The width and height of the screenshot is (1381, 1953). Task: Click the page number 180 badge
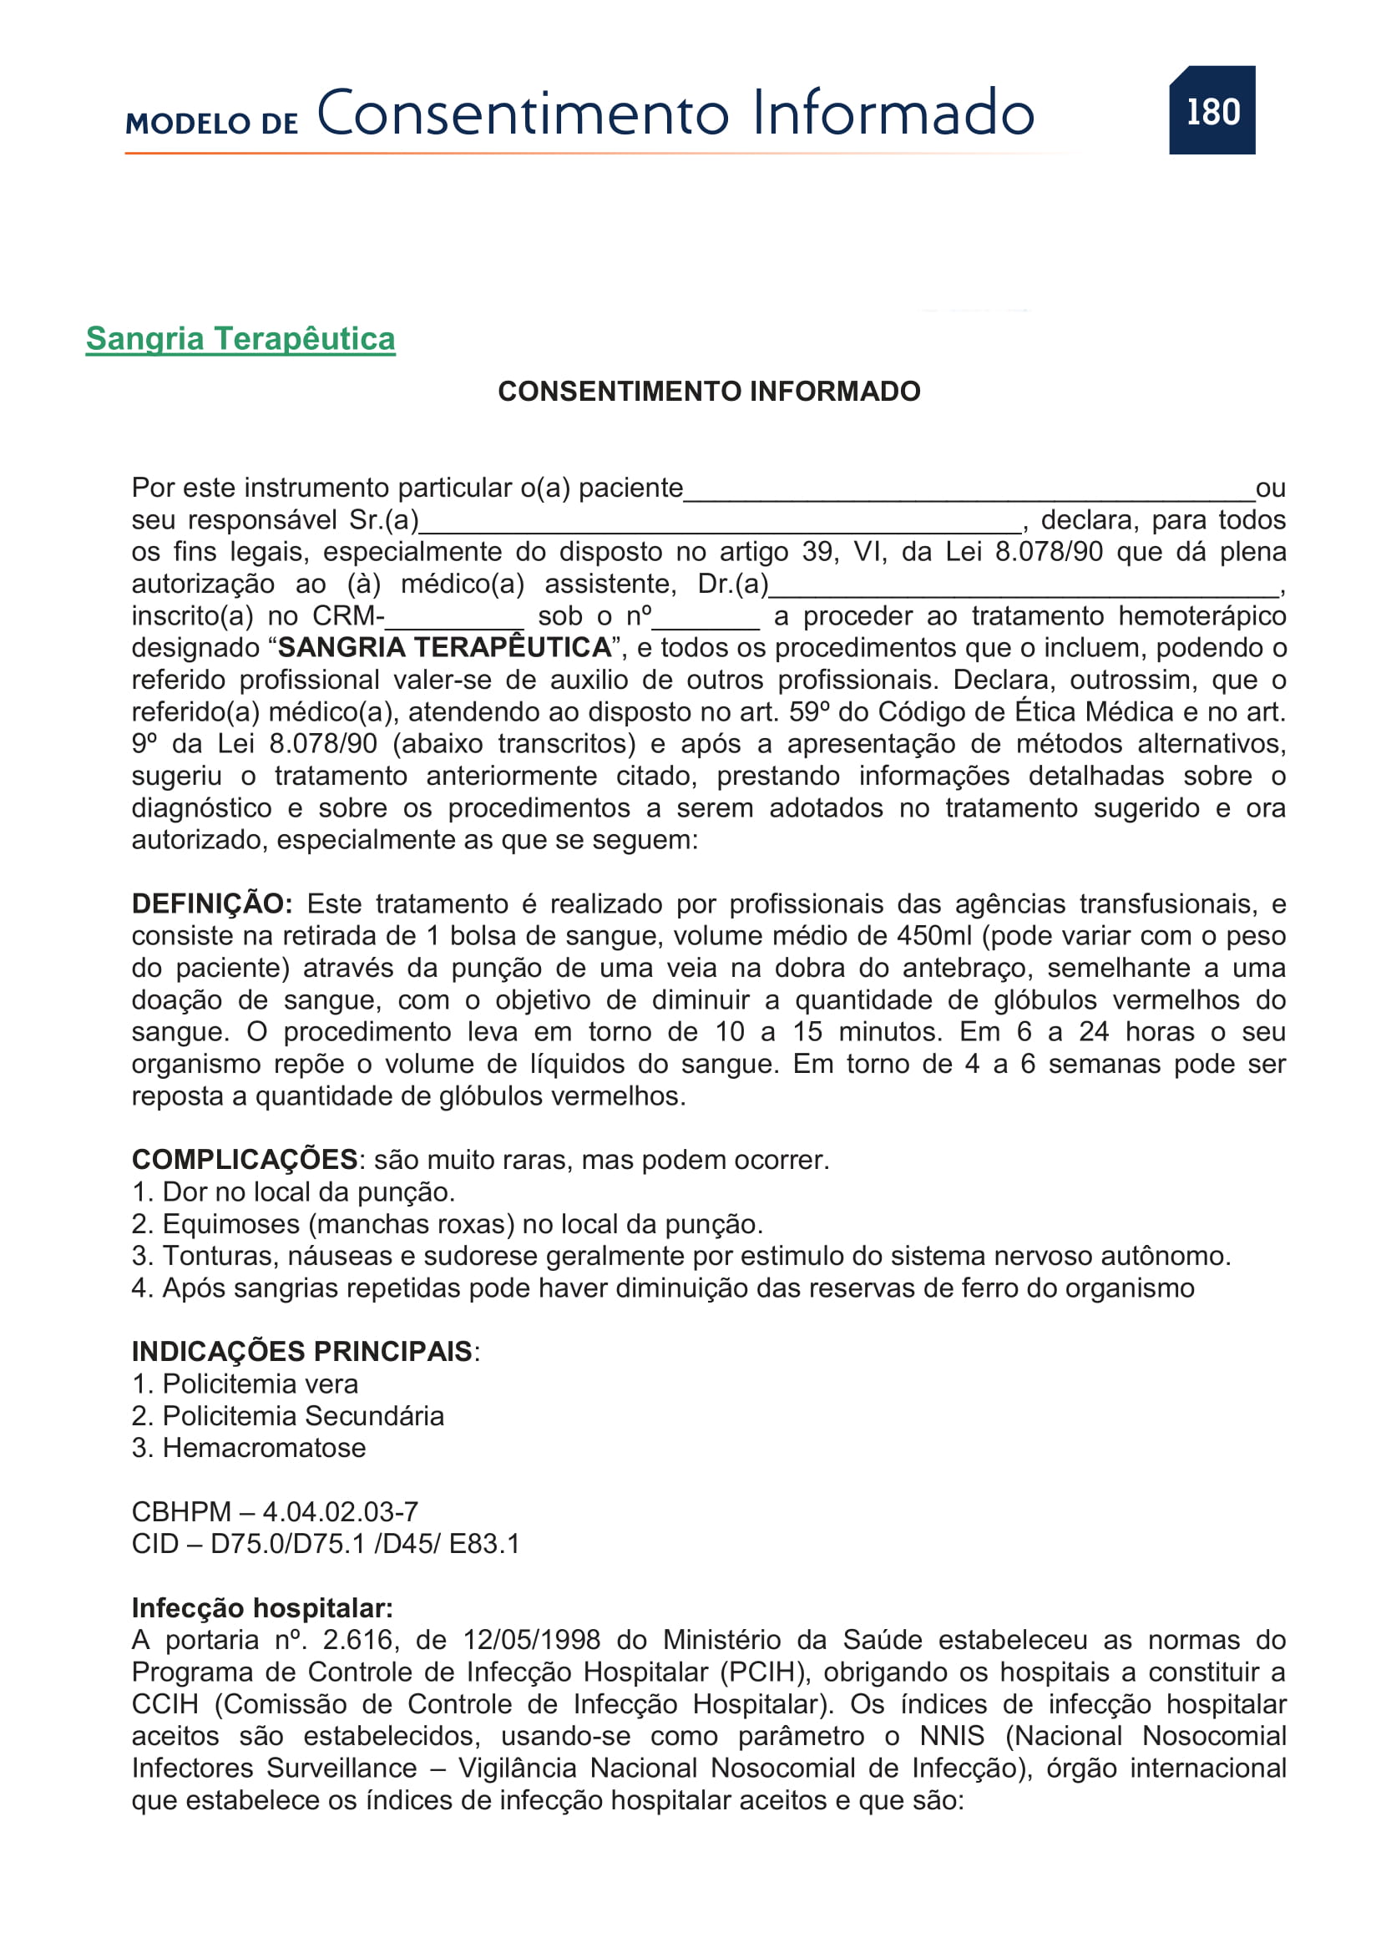click(x=1212, y=110)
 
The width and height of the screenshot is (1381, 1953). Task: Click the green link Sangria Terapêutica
click(x=240, y=338)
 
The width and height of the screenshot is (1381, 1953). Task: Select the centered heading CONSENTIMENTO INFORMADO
click(x=708, y=392)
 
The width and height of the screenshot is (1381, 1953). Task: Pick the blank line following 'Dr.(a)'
click(x=1024, y=588)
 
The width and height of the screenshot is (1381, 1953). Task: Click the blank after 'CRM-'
click(x=455, y=620)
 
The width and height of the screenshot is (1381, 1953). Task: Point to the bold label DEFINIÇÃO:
click(x=212, y=903)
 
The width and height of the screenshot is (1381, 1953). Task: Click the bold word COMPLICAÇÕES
click(x=245, y=1160)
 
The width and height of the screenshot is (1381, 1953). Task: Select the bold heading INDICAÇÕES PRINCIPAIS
click(x=302, y=1352)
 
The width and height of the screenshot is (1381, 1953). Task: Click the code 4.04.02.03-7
click(x=340, y=1511)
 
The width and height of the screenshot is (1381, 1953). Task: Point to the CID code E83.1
click(x=484, y=1544)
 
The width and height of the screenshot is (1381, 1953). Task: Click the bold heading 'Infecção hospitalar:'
click(x=262, y=1607)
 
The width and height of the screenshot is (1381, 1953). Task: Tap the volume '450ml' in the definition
click(x=933, y=936)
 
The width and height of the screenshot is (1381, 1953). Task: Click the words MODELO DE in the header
click(x=212, y=124)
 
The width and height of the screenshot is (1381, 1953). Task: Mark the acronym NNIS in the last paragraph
click(x=953, y=1736)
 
